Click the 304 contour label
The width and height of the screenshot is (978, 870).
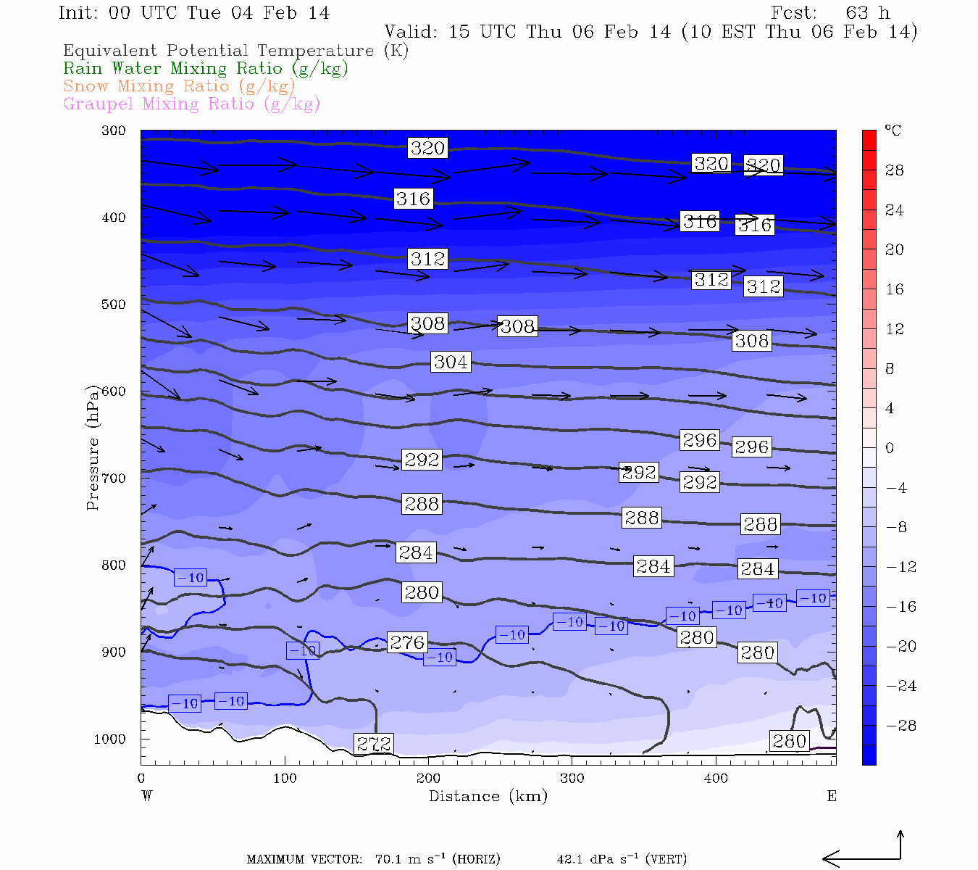pos(451,362)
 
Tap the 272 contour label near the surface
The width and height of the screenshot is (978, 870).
pos(374,744)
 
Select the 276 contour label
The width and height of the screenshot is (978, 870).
pos(407,642)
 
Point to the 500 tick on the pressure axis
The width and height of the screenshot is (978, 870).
pos(114,304)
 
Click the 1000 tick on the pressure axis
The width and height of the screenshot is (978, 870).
pos(110,739)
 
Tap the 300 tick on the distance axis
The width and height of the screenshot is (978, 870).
pos(572,779)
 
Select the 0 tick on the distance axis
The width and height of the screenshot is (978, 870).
pos(141,779)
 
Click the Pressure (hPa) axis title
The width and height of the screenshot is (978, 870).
pos(92,448)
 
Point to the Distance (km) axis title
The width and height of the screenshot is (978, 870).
pos(488,796)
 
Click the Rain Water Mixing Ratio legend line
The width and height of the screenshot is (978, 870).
pos(206,69)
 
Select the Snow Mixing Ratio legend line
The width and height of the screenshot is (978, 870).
pos(179,86)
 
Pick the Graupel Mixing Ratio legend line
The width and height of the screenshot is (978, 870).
pos(191,104)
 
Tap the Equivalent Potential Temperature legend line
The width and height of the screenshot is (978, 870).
pos(235,51)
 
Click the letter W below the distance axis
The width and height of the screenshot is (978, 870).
pos(147,796)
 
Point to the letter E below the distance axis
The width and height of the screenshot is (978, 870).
pos(832,796)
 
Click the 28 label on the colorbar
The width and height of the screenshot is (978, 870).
pos(895,170)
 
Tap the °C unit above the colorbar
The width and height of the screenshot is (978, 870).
pos(893,131)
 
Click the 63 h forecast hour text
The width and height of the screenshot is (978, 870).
pos(867,13)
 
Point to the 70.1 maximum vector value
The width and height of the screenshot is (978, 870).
pos(388,860)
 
